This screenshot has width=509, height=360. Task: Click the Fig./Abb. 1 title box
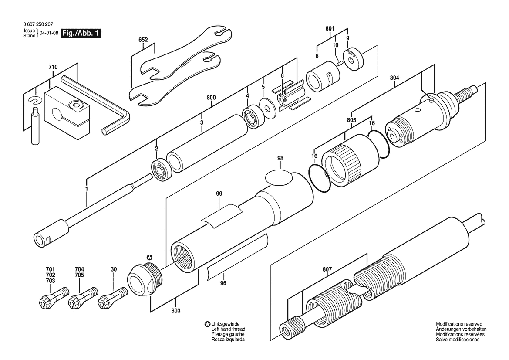(x=81, y=33)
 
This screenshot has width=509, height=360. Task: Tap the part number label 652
(x=143, y=40)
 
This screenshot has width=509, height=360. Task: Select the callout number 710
(x=53, y=67)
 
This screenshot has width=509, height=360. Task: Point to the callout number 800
(x=211, y=98)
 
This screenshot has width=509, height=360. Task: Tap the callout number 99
(x=219, y=194)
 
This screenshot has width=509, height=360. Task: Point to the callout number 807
(x=327, y=269)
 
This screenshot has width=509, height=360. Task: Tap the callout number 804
(x=394, y=78)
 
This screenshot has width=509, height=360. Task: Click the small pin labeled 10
(x=340, y=63)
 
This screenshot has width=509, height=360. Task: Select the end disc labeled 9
(x=353, y=59)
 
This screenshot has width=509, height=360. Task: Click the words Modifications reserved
(x=459, y=324)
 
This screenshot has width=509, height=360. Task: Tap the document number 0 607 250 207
(x=38, y=24)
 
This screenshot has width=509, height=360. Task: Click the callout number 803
(x=175, y=311)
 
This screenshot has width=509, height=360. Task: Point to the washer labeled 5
(x=268, y=107)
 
